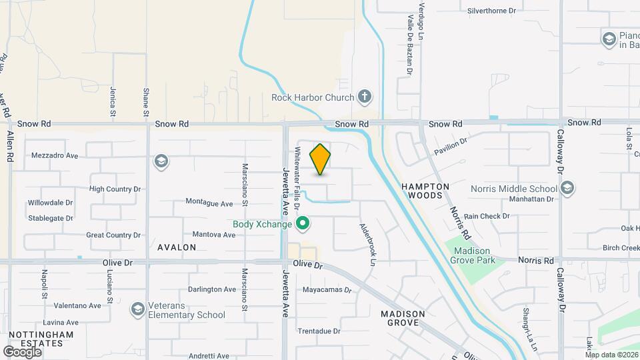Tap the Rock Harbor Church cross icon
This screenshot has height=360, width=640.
pos(364,97)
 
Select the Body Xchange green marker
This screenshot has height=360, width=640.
pos(303,223)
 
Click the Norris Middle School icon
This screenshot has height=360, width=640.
pos(567,189)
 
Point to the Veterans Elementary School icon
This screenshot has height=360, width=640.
pos(137,309)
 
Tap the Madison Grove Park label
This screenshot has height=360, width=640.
pos(474,255)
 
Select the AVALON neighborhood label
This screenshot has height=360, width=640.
pos(177,247)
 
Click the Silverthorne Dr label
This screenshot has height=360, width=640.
pos(492,11)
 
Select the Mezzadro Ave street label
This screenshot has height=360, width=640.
pos(55,155)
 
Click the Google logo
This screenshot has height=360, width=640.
pos(22,351)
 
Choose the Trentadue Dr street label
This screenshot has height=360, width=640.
pos(319,331)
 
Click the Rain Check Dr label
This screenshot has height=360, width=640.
pos(487,216)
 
